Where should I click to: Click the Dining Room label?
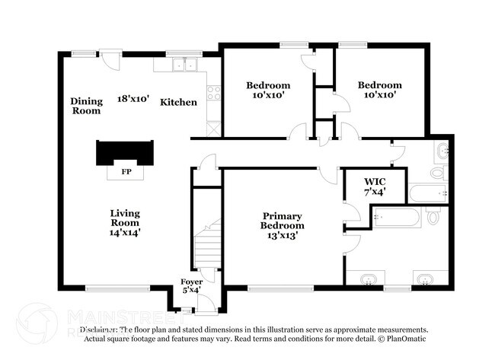click(x=85, y=106)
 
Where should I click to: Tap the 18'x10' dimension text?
click(x=133, y=99)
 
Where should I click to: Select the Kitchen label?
click(x=178, y=102)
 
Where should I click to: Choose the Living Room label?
click(x=124, y=213)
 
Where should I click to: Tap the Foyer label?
click(x=192, y=282)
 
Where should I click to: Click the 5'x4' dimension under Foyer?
click(x=192, y=290)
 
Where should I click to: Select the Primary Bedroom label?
click(x=283, y=221)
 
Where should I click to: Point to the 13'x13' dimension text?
click(x=283, y=235)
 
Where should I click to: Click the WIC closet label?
click(x=375, y=181)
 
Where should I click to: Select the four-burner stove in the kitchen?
click(x=214, y=94)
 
